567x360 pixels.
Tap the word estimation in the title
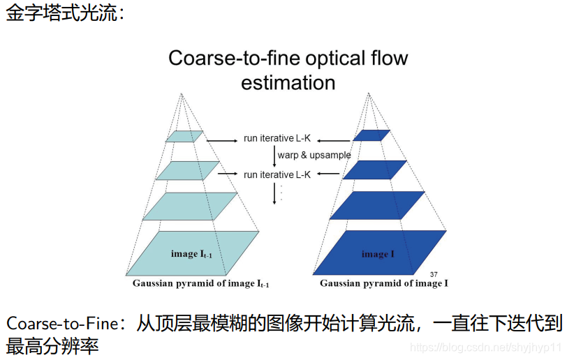288,82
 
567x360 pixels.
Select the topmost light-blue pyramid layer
184,136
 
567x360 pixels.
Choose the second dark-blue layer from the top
374,170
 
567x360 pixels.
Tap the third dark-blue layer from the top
377,205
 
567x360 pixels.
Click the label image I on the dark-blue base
378,254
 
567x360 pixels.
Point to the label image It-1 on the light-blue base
191,254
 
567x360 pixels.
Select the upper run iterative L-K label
277,138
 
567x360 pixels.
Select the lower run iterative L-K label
277,174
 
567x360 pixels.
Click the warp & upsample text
314,155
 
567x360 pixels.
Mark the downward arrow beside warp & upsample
274,156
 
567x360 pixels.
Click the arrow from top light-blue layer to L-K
222,141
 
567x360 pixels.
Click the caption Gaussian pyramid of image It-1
201,283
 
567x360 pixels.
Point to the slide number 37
434,273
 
